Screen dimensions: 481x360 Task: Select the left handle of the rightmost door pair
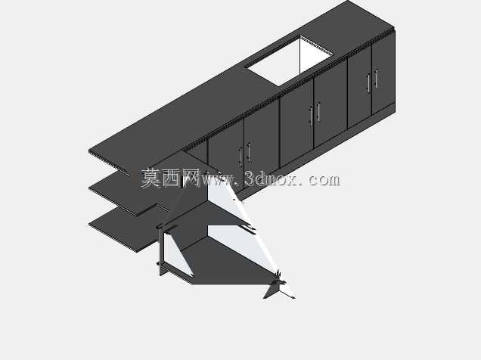click(368, 82)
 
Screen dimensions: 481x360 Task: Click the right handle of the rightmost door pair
click(376, 79)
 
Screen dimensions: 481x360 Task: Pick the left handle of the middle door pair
click(311, 116)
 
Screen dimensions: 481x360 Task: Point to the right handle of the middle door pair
click(318, 112)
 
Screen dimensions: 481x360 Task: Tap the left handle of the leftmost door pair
click(240, 157)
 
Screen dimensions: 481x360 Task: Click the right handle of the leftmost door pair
click(249, 153)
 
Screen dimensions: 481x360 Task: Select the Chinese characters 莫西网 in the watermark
click(170, 178)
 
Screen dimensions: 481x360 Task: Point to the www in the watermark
click(217, 180)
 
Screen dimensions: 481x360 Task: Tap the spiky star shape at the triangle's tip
click(279, 286)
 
